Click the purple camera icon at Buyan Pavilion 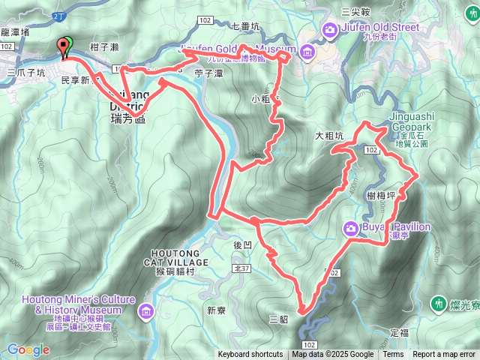coord(350,228)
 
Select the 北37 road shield coord(241,268)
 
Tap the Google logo coord(28,349)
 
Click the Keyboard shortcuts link coord(250,355)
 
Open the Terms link coord(393,355)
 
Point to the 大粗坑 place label coord(329,136)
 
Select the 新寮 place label coord(216,310)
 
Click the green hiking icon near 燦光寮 coord(438,304)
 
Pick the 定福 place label coord(400,331)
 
